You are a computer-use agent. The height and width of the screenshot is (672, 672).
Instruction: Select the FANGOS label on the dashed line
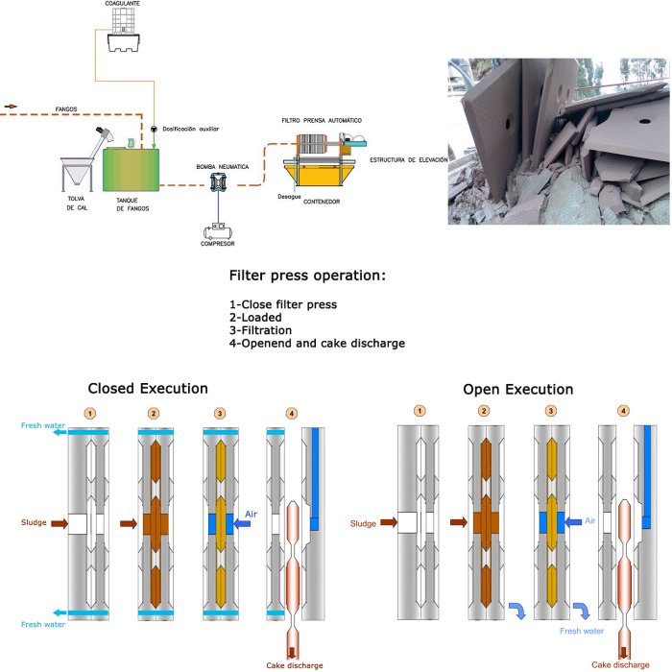[x=66, y=109]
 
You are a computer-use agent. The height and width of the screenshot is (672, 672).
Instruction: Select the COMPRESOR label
[x=218, y=244]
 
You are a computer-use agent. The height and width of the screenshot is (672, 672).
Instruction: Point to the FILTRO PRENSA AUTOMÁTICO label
[x=321, y=121]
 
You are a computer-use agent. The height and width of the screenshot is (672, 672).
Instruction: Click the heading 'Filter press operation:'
[x=307, y=276]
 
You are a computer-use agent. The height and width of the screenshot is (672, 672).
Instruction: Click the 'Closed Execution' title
[x=147, y=389]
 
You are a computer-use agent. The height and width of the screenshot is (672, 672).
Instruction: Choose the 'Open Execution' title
[x=517, y=389]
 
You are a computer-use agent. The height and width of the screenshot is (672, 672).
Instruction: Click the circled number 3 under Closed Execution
[x=220, y=413]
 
